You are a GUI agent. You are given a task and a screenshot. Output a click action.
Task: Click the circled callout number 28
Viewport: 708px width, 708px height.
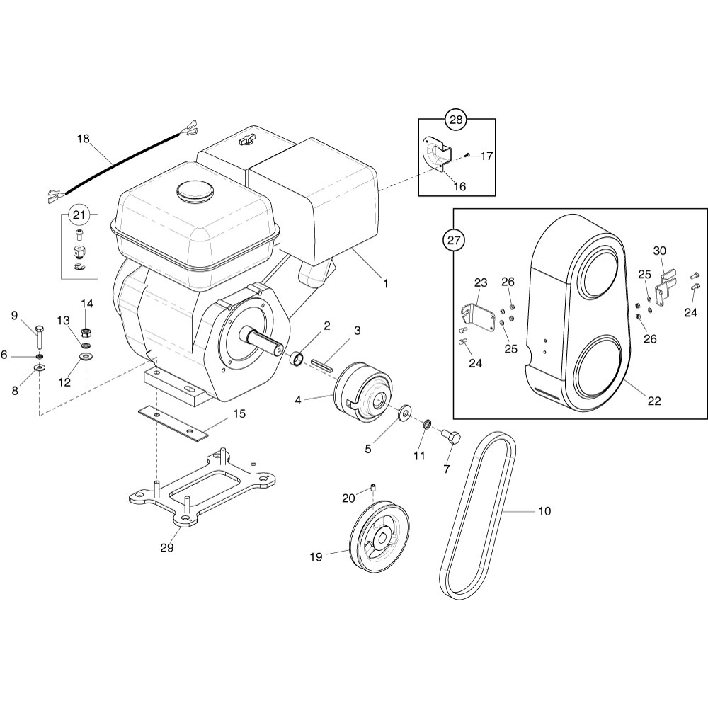click(457, 120)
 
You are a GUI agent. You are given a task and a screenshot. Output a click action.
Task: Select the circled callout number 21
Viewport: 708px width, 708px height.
click(79, 215)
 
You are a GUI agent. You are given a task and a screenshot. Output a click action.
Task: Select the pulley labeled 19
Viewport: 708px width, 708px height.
click(379, 536)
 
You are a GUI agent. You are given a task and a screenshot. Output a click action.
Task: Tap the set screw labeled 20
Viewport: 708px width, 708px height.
click(373, 487)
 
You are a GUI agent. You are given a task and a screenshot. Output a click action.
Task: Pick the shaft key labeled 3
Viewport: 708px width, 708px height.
click(322, 365)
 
